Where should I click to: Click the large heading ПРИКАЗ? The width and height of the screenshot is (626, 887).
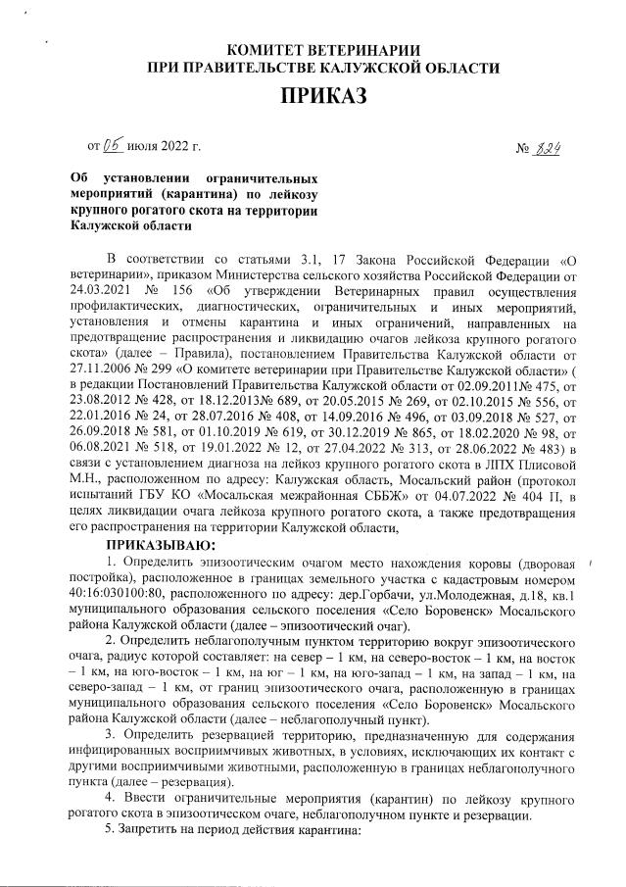coord(322,96)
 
